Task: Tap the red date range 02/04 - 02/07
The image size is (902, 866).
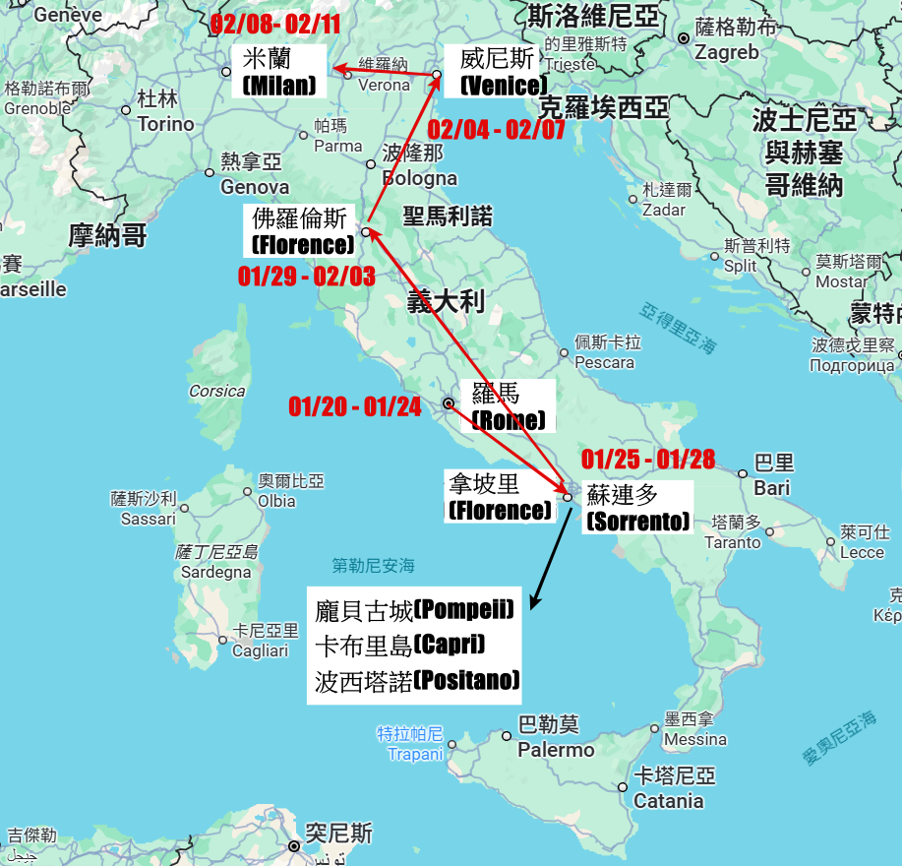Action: (496, 130)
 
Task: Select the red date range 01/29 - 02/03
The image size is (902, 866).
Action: (306, 277)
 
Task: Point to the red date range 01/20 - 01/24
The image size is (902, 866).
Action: (354, 406)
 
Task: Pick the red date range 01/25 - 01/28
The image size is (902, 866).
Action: (647, 459)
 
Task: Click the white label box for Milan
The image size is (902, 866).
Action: (278, 72)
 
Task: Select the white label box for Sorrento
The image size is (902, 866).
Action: (637, 508)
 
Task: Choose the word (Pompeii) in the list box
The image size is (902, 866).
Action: (464, 610)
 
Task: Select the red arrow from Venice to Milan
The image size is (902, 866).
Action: (387, 71)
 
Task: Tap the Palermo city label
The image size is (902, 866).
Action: (558, 749)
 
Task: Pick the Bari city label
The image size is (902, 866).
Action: (772, 487)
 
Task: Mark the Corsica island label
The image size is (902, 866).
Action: (217, 391)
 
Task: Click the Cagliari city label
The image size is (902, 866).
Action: (261, 650)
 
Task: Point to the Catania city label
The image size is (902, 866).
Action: (668, 800)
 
